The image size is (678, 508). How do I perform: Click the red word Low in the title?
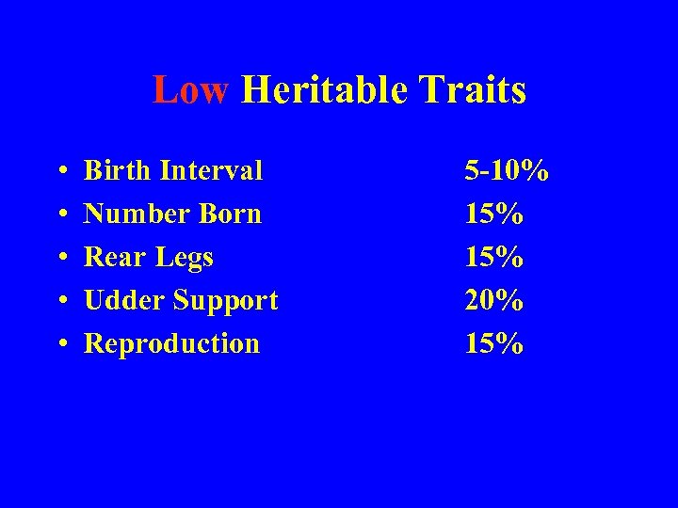pyautogui.click(x=191, y=91)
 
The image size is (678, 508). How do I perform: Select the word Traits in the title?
pyautogui.click(x=474, y=91)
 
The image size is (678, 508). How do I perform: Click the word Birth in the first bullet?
pyautogui.click(x=116, y=171)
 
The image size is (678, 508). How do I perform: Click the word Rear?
pyautogui.click(x=111, y=258)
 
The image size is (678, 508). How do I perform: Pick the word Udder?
pyautogui.click(x=121, y=301)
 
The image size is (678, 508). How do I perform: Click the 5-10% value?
pyautogui.click(x=507, y=171)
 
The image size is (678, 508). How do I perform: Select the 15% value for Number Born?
pyautogui.click(x=493, y=214)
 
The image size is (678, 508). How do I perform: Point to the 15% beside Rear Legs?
pyautogui.click(x=493, y=258)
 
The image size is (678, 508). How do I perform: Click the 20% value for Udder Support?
pyautogui.click(x=493, y=301)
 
